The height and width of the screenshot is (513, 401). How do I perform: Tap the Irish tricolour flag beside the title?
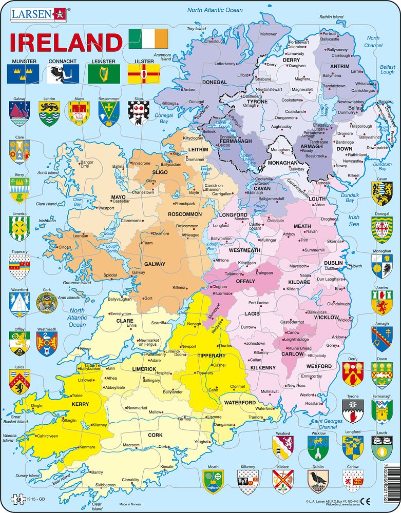tap(148, 38)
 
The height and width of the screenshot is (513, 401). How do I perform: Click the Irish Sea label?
tap(354, 221)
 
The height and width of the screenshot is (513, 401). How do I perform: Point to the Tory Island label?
tap(196, 29)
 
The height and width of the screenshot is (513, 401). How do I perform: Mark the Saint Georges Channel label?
tap(320, 424)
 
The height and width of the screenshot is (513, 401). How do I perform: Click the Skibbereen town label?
tap(105, 485)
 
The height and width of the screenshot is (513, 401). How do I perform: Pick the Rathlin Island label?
tap(331, 17)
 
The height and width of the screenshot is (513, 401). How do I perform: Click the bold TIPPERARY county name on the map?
tap(212, 356)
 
